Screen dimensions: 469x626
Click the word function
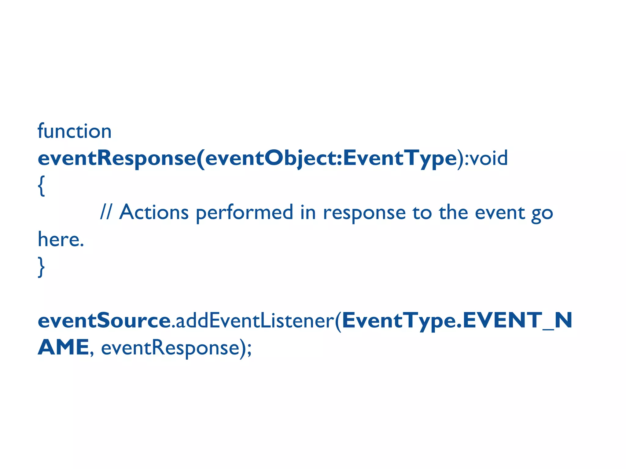(x=74, y=131)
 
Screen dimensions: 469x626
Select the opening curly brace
(x=41, y=186)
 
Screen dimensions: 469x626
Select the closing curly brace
(x=41, y=267)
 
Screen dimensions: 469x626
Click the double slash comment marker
(x=106, y=212)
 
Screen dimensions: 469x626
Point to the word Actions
(x=154, y=212)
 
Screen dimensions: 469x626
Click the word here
(x=61, y=239)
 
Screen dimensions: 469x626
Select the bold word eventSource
(x=104, y=321)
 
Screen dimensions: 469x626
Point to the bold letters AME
(x=63, y=347)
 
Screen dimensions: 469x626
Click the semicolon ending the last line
(x=249, y=349)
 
